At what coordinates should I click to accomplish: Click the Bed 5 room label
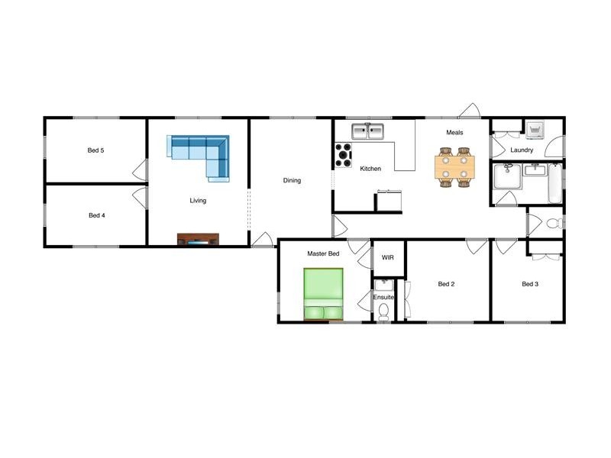[96, 150]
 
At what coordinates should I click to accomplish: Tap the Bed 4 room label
[96, 215]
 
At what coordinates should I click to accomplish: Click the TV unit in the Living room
[199, 239]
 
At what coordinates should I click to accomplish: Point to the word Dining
[292, 181]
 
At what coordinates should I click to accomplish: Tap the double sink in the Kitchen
[367, 131]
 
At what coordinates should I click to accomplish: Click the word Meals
[454, 133]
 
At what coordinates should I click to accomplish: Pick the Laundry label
[522, 150]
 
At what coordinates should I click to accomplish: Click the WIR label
[387, 258]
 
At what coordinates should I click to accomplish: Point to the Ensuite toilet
[385, 311]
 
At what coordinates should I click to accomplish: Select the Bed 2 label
[446, 285]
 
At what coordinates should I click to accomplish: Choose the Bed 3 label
[530, 285]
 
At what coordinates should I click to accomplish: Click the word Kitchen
[370, 169]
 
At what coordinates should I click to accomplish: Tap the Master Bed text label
[323, 253]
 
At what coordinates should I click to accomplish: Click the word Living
[199, 201]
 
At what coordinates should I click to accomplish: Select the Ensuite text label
[384, 297]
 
